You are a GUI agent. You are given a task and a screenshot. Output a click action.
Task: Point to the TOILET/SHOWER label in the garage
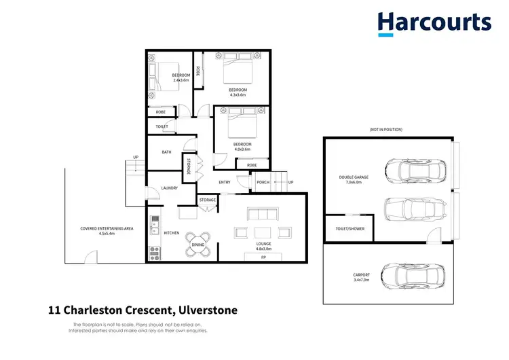[x=350, y=229]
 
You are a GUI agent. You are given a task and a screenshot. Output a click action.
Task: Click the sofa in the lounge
[x=263, y=215]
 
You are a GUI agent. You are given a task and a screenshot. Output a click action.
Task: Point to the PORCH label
[x=263, y=182]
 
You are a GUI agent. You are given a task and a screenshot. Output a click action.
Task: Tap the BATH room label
[x=166, y=152]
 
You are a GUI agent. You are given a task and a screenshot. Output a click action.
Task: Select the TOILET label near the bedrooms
[x=162, y=126]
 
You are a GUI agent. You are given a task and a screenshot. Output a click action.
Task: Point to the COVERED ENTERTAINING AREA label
[x=107, y=231]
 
